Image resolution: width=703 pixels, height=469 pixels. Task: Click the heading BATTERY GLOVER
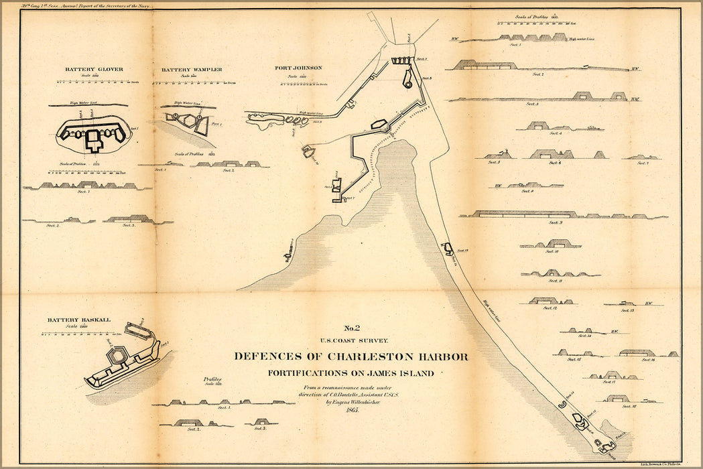click(94, 69)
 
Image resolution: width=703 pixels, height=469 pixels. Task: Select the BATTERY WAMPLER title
click(192, 70)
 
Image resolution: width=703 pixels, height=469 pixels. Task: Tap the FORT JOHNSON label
click(298, 68)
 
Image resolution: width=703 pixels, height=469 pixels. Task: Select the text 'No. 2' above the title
click(352, 328)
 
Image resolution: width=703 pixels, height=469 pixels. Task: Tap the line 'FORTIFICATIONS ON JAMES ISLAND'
click(350, 373)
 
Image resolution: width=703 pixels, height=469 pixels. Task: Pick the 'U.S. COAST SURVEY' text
click(351, 340)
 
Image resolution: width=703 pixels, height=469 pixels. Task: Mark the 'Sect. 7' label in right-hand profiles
click(642, 163)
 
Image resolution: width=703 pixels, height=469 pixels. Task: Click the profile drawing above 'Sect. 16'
click(637, 352)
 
